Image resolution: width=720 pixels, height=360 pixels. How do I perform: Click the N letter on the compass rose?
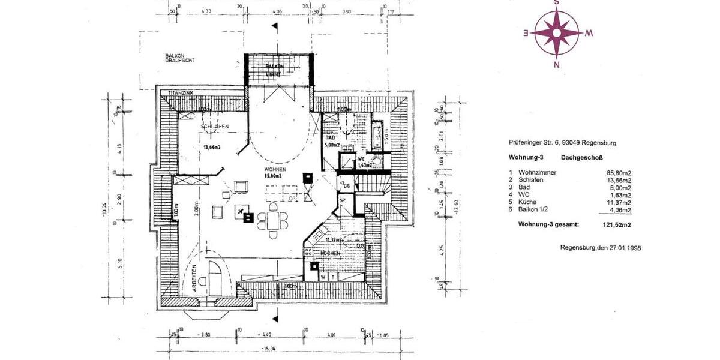tap(556, 65)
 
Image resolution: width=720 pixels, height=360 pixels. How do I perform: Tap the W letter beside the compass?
tap(589, 34)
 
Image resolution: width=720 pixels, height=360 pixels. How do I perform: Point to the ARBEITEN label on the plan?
tap(195, 279)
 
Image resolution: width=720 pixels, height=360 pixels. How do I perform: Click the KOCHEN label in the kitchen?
tap(331, 254)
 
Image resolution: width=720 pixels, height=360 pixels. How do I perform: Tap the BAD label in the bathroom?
tap(331, 137)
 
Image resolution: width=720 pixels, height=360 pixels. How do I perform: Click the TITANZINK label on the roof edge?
tap(180, 94)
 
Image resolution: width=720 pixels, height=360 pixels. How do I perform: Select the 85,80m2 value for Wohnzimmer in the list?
tap(618, 172)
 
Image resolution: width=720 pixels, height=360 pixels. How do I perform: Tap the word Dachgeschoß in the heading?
tap(580, 158)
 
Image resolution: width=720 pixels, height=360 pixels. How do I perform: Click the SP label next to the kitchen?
tap(343, 201)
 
